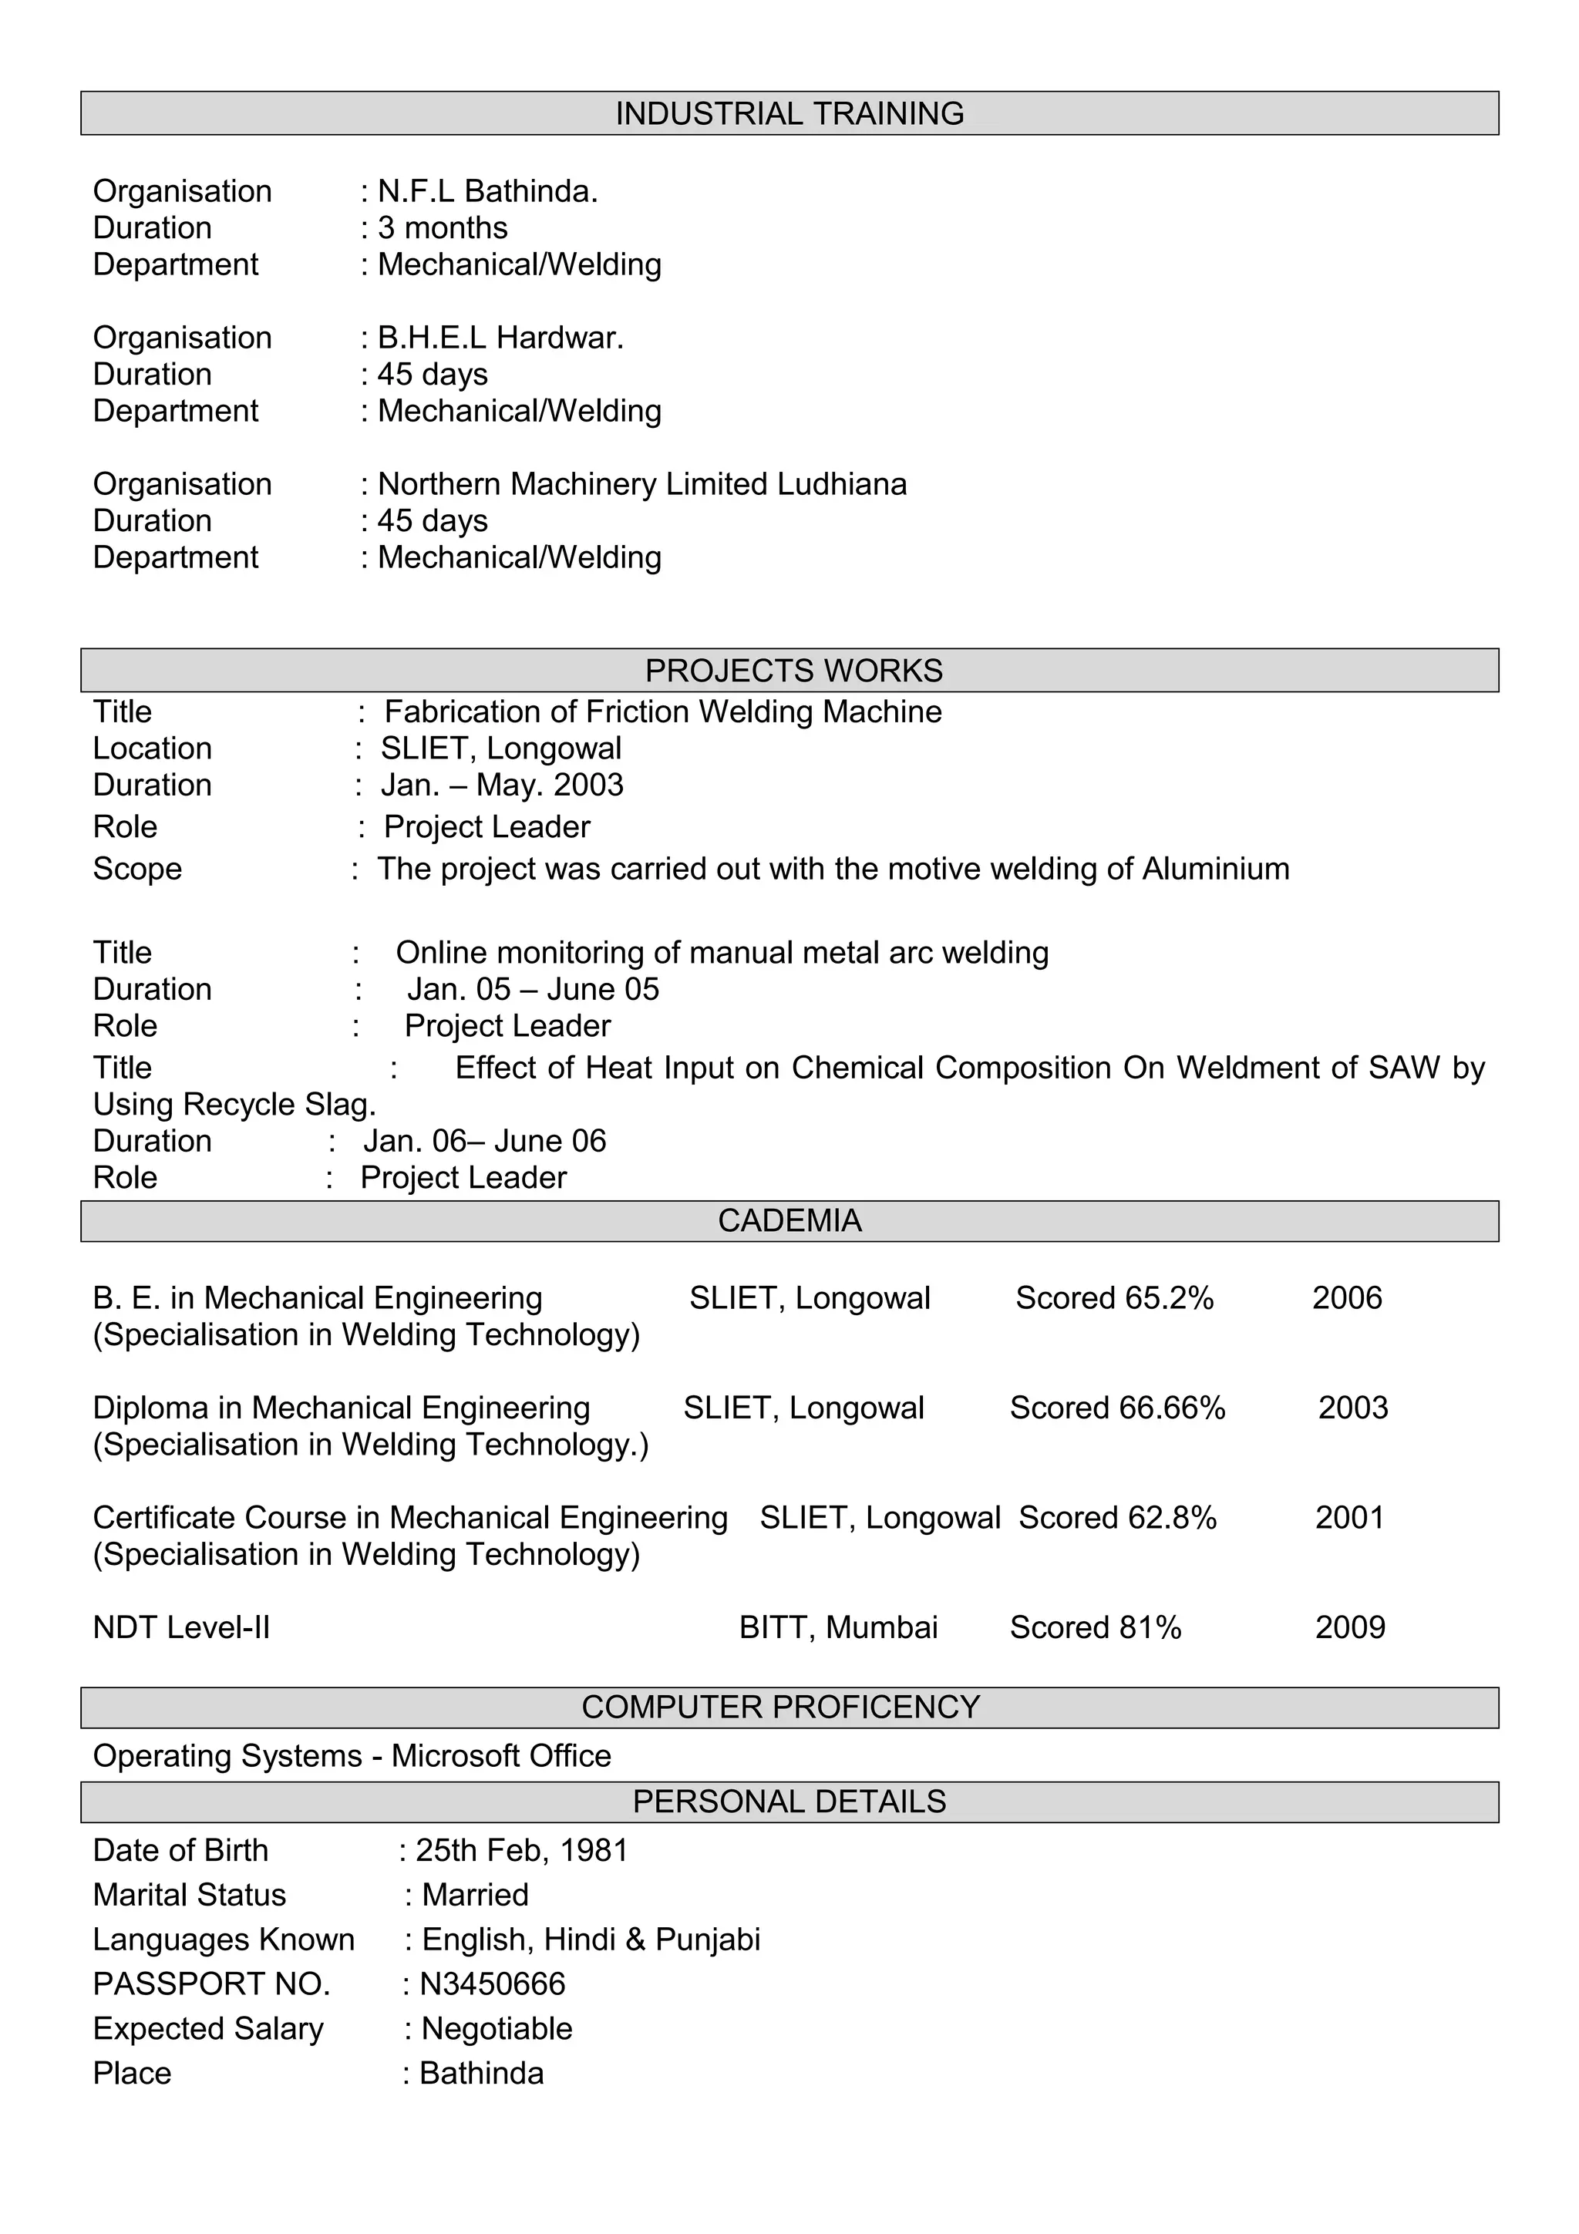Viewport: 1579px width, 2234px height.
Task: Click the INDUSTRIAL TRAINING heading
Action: (x=789, y=114)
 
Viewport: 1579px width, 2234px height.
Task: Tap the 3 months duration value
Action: (x=443, y=227)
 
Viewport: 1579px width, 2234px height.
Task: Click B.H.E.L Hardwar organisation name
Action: (x=500, y=338)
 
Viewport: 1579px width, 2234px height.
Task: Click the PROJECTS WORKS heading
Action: (x=793, y=671)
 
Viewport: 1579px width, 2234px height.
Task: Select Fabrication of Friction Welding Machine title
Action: (x=662, y=712)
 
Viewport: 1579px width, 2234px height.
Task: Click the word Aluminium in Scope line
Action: (x=1215, y=868)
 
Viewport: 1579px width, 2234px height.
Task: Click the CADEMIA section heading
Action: (x=789, y=1220)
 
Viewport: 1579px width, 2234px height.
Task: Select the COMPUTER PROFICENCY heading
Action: (x=780, y=1707)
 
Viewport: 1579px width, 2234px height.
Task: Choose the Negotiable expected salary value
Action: (x=497, y=2029)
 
